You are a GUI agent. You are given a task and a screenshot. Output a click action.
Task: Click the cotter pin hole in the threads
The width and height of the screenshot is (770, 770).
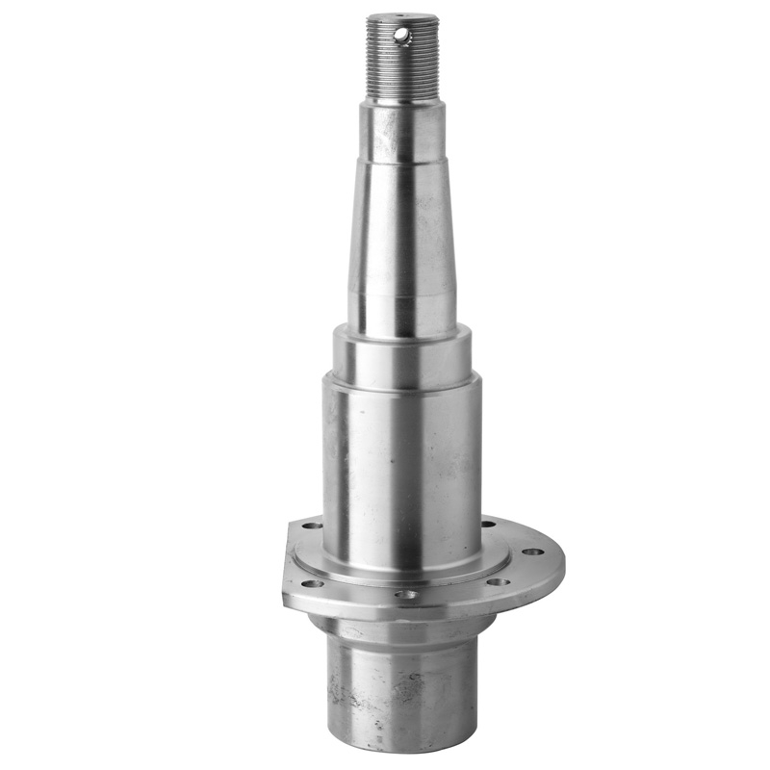[x=401, y=36]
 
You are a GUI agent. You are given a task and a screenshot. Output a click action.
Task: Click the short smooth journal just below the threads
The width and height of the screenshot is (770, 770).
[x=402, y=130]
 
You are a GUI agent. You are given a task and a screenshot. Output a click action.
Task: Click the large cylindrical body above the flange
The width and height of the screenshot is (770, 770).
[x=402, y=462]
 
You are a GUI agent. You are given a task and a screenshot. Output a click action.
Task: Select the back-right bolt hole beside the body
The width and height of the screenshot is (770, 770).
[x=489, y=525]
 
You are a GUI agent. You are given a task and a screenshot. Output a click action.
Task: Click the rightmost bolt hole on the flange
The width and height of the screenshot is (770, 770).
[x=529, y=552]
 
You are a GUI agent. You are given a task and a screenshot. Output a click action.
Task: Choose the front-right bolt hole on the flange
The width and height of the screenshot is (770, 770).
[x=499, y=581]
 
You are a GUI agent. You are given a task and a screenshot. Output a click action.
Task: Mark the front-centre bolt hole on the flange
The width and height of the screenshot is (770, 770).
[x=407, y=595]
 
